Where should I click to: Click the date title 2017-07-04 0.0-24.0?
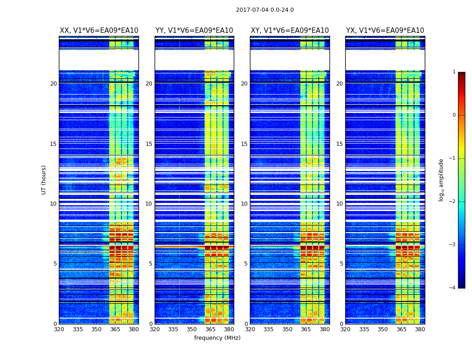pyautogui.click(x=265, y=10)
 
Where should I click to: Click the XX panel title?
pyautogui.click(x=99, y=31)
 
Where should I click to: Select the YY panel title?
pyautogui.click(x=194, y=31)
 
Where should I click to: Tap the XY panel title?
pyautogui.click(x=289, y=31)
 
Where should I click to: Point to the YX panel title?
pyautogui.click(x=385, y=31)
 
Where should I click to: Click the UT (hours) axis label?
pyautogui.click(x=44, y=180)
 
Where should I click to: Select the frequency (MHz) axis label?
pyautogui.click(x=217, y=338)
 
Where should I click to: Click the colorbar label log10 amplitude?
pyautogui.click(x=441, y=180)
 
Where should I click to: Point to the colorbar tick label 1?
pyautogui.click(x=454, y=72)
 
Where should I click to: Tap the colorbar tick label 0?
pyautogui.click(x=454, y=115)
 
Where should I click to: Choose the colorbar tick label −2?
pyautogui.click(x=453, y=202)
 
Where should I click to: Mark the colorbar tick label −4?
pyautogui.click(x=453, y=288)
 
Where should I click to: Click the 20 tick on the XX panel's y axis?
pyautogui.click(x=53, y=84)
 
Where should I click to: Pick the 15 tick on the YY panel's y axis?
pyautogui.click(x=149, y=144)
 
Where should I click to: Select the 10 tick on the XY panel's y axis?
pyautogui.click(x=244, y=204)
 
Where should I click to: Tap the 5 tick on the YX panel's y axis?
pyautogui.click(x=341, y=264)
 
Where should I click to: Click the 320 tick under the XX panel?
pyautogui.click(x=59, y=329)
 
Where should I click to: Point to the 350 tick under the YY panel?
pyautogui.click(x=191, y=329)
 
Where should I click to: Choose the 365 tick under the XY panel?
pyautogui.click(x=306, y=329)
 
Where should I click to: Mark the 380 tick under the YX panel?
pyautogui.click(x=420, y=329)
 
